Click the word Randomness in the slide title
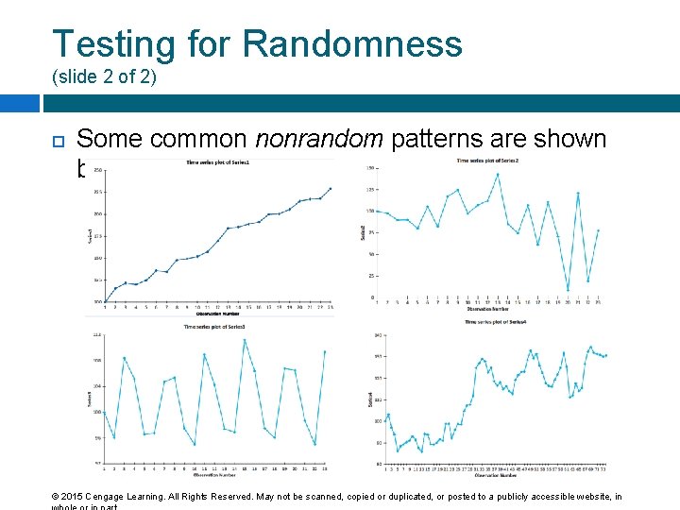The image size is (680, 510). [x=352, y=44]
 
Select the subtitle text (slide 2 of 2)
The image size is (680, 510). [x=103, y=76]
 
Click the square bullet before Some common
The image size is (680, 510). [x=56, y=141]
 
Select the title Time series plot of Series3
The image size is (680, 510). [x=216, y=327]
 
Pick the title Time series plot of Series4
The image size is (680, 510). [x=495, y=322]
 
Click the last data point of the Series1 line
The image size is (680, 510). [x=331, y=187]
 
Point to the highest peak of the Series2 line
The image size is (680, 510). [x=498, y=174]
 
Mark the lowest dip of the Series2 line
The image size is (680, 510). [x=569, y=290]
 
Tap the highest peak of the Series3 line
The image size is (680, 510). [x=245, y=339]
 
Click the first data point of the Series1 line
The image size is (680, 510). [x=104, y=299]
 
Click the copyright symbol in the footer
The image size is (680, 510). [x=56, y=497]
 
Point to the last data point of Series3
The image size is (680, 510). [x=325, y=351]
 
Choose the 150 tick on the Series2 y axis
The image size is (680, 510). [x=371, y=168]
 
